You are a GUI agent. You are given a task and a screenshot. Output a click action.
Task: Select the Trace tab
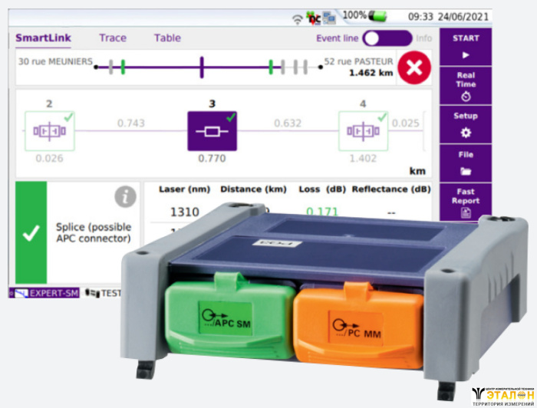pos(113,38)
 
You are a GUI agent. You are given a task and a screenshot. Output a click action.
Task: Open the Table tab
pos(167,38)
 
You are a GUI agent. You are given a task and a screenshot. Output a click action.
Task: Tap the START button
pos(465,46)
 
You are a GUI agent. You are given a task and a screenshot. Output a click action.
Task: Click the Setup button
pos(465,123)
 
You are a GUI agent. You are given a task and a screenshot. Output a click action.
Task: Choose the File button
pos(465,162)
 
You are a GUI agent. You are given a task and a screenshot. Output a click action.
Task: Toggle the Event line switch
pos(387,38)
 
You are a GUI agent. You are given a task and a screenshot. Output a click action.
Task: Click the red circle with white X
pos(414,67)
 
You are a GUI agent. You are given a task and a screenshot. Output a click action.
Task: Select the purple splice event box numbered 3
pos(212,130)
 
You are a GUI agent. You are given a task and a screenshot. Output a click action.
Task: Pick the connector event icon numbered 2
pos(48,130)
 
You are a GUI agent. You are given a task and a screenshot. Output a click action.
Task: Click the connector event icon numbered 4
pos(362,130)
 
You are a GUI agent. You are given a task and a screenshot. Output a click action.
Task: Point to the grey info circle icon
pos(125,197)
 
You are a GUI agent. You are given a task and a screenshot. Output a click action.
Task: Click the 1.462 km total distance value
pos(371,74)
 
